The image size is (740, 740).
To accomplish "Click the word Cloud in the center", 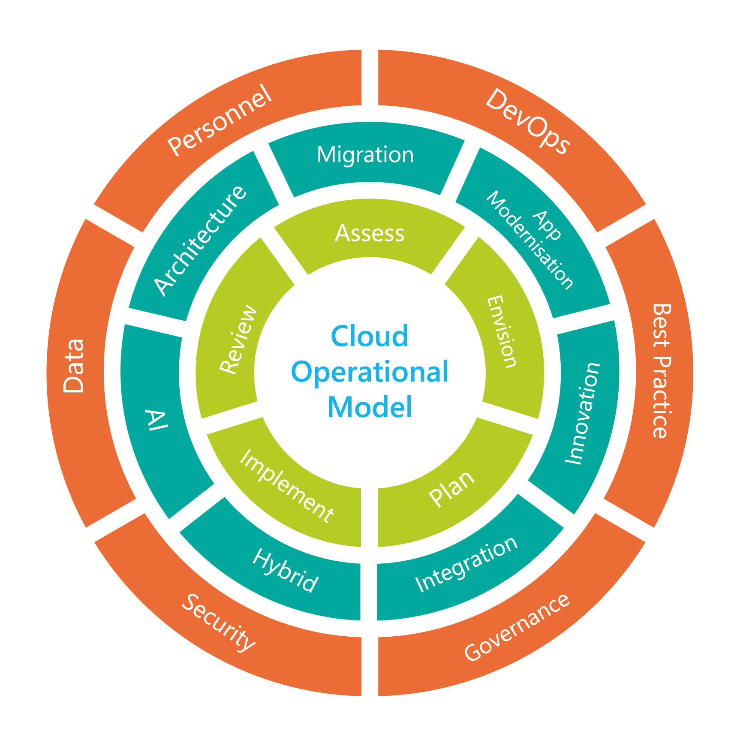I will (370, 336).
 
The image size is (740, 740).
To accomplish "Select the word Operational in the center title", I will (370, 372).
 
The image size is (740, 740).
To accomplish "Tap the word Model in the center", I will (370, 407).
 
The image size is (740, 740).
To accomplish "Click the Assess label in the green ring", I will (370, 234).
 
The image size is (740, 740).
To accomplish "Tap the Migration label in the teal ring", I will (365, 155).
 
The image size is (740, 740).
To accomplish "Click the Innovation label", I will (583, 413).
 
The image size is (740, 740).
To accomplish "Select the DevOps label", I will (527, 121).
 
